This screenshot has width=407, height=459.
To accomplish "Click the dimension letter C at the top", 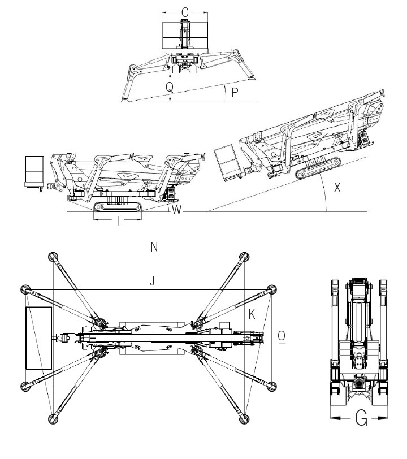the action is pos(185,12).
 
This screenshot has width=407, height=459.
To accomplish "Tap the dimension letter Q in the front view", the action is pos(170,87).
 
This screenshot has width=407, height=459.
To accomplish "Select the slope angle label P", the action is pos(235,93).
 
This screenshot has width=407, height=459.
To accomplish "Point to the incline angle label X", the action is pos(337,187).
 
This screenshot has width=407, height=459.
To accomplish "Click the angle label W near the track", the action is pos(176,210).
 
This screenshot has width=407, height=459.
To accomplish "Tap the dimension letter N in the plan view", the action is pos(154,248).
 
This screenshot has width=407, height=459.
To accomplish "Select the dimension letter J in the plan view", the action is pos(152,281).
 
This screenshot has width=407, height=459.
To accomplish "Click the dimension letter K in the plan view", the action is pos(252,314).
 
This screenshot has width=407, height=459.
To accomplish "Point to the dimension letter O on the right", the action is pos(282,335).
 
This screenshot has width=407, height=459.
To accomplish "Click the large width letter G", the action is pos(361,418).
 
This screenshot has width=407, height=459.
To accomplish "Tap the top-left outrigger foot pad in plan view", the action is pos(53,257).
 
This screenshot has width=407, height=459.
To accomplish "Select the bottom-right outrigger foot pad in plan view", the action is pos(244,419).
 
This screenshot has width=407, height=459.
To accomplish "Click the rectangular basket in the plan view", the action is pos(39,338).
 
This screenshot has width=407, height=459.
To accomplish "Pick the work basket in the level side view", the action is pos(34,173).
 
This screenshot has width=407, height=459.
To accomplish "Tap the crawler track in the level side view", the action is pos(118,207).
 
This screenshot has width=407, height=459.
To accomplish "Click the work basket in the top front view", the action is pos(185,37).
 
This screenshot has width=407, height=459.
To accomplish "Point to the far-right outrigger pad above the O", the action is pos(272,289).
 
